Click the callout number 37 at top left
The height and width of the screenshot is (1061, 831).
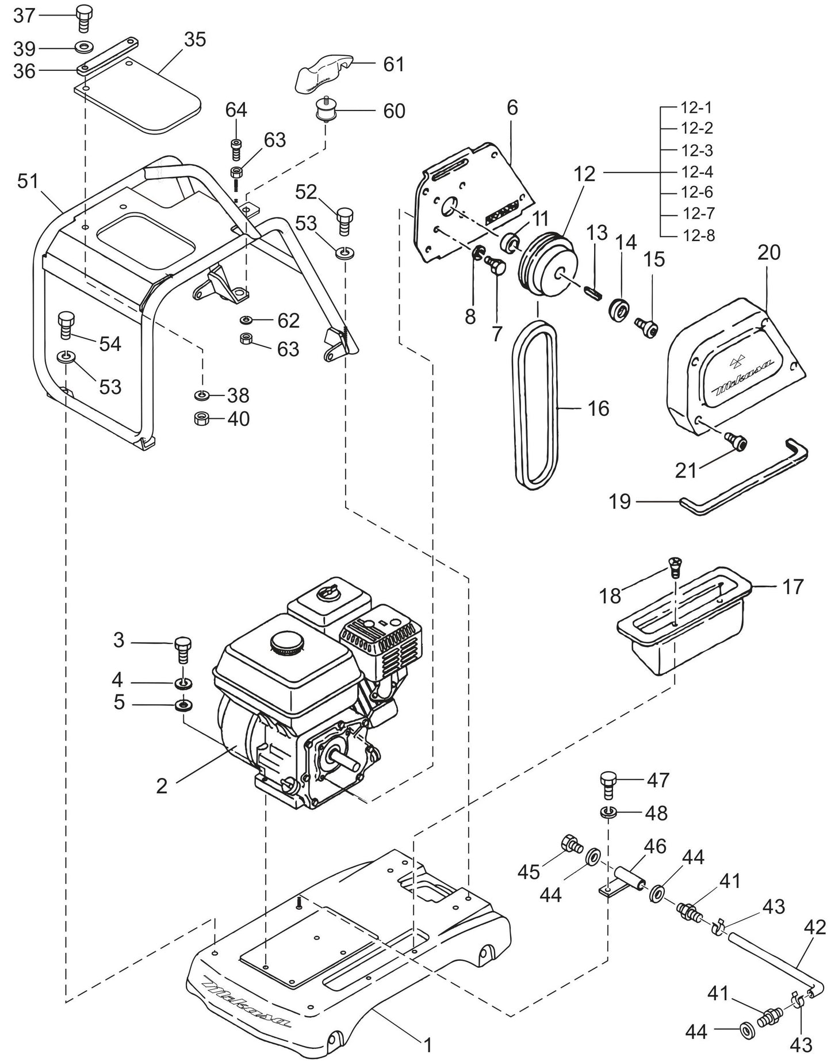[x=24, y=16]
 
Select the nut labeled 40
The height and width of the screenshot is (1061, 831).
[x=202, y=418]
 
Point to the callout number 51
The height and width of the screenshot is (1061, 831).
[x=27, y=181]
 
